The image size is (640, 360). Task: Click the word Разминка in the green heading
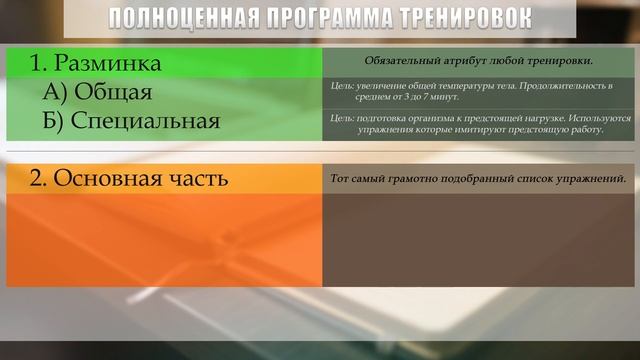pyautogui.click(x=107, y=64)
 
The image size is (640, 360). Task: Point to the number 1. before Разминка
pyautogui.click(x=39, y=64)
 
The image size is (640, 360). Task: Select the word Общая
pyautogui.click(x=112, y=93)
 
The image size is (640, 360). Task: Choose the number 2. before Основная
pyautogui.click(x=39, y=179)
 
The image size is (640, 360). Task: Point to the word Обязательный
pyautogui.click(x=400, y=61)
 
